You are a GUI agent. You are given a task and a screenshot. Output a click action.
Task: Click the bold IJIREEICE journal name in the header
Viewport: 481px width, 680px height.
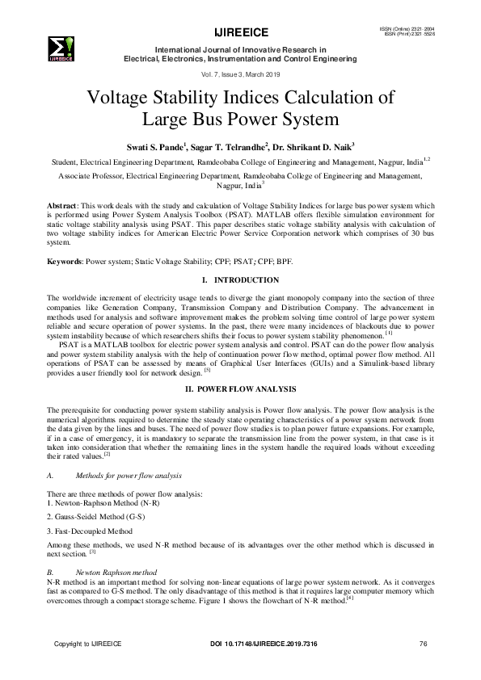239,33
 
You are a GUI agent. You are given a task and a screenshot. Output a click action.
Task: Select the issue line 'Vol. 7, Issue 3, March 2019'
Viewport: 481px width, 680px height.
239,73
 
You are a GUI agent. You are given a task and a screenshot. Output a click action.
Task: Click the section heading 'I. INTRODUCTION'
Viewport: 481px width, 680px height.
240,279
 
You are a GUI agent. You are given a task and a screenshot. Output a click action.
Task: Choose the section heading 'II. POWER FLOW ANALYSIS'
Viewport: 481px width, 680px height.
240,389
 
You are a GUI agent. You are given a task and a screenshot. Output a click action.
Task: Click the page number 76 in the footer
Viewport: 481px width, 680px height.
423,644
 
